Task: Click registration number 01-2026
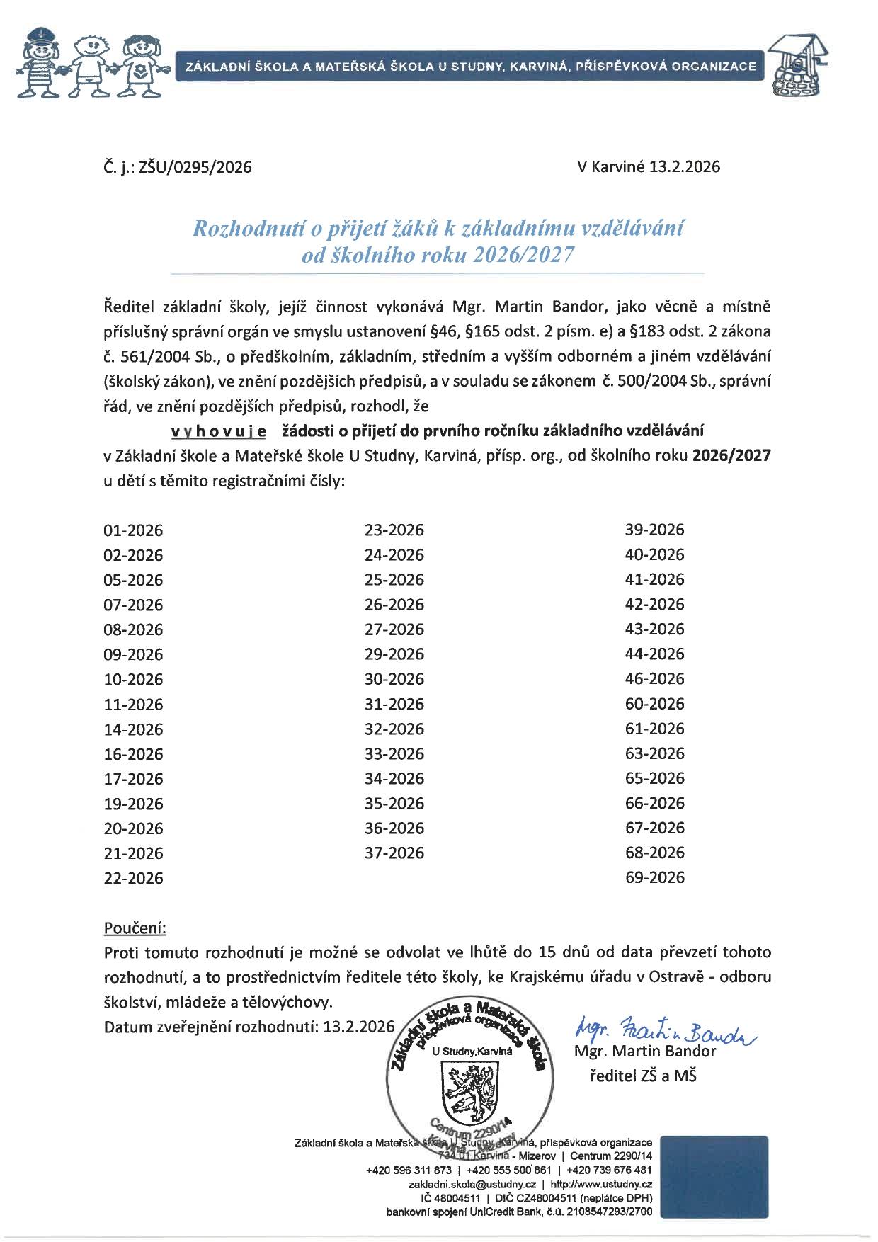coord(133,530)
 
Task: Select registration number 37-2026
coord(394,853)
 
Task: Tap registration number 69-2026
coord(655,878)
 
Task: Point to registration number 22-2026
coord(133,879)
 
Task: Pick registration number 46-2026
coord(655,679)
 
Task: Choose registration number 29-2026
coord(394,654)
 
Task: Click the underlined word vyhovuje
coord(219,431)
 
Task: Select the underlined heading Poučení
coord(135,928)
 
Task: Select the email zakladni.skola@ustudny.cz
coord(472,1184)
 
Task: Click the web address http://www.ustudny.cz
coord(600,1184)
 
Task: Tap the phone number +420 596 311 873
coord(409,1170)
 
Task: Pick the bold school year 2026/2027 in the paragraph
coord(731,456)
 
